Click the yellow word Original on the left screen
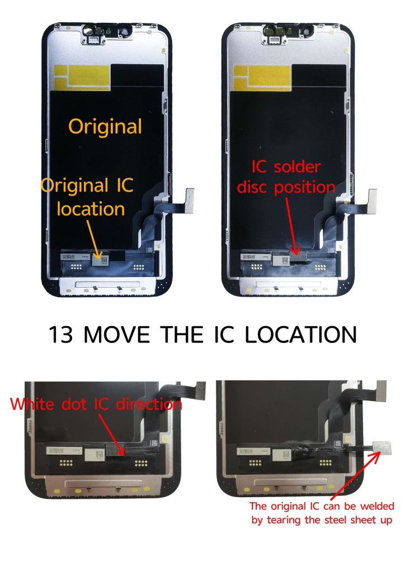coord(105,127)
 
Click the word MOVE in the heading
coord(116,335)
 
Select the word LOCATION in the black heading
coord(300,335)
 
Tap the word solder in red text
coord(297,167)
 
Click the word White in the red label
coord(32,404)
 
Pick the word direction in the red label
coord(149,404)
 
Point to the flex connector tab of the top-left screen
coord(190,198)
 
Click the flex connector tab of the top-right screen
coord(372,199)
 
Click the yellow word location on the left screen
coord(91,209)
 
